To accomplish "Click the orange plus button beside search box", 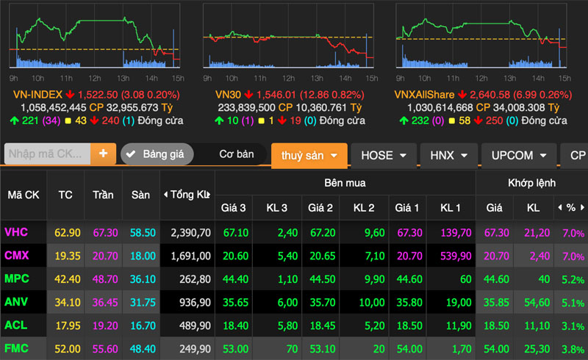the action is [x=103, y=154].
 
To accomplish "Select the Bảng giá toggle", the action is [x=157, y=154].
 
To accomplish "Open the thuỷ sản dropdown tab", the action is [x=309, y=155].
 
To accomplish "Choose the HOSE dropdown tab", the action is [x=384, y=155].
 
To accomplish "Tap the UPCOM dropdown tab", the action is [x=519, y=155].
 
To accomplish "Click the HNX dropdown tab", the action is [x=448, y=155].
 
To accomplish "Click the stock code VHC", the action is [x=16, y=232].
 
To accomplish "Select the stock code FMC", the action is [x=16, y=348].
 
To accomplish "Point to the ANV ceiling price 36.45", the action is [x=105, y=302].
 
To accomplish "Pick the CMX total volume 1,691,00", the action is [x=190, y=256].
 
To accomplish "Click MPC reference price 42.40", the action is [x=68, y=279].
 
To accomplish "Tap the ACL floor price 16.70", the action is [x=143, y=325].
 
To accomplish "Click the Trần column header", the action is [x=103, y=195].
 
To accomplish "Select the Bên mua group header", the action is [x=345, y=183].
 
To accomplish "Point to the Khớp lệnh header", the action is [x=531, y=183].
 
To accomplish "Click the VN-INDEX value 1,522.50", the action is [x=98, y=95].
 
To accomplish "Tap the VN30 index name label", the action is [x=228, y=95].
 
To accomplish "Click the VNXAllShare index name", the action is [x=424, y=95].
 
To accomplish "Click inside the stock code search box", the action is [x=47, y=154].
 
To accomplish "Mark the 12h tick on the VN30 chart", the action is [x=288, y=78].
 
